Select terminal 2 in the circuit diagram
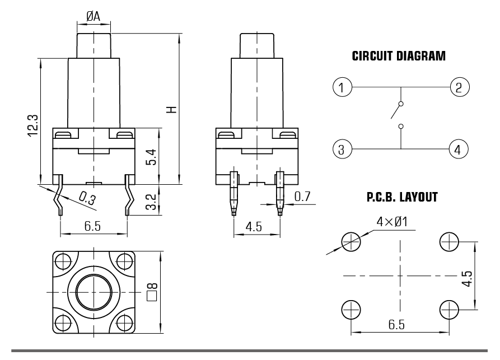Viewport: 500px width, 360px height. tap(459, 87)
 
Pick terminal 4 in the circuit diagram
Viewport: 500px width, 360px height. tap(458, 149)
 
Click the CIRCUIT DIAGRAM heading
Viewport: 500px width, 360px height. tap(399, 56)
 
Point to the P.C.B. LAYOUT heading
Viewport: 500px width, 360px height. tap(402, 198)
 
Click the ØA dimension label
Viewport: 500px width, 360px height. tap(94, 17)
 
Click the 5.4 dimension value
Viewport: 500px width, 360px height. tap(149, 157)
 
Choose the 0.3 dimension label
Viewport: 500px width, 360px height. tap(86, 198)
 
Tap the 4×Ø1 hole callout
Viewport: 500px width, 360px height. tap(392, 222)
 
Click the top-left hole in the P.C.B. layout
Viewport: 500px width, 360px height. tap(351, 241)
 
